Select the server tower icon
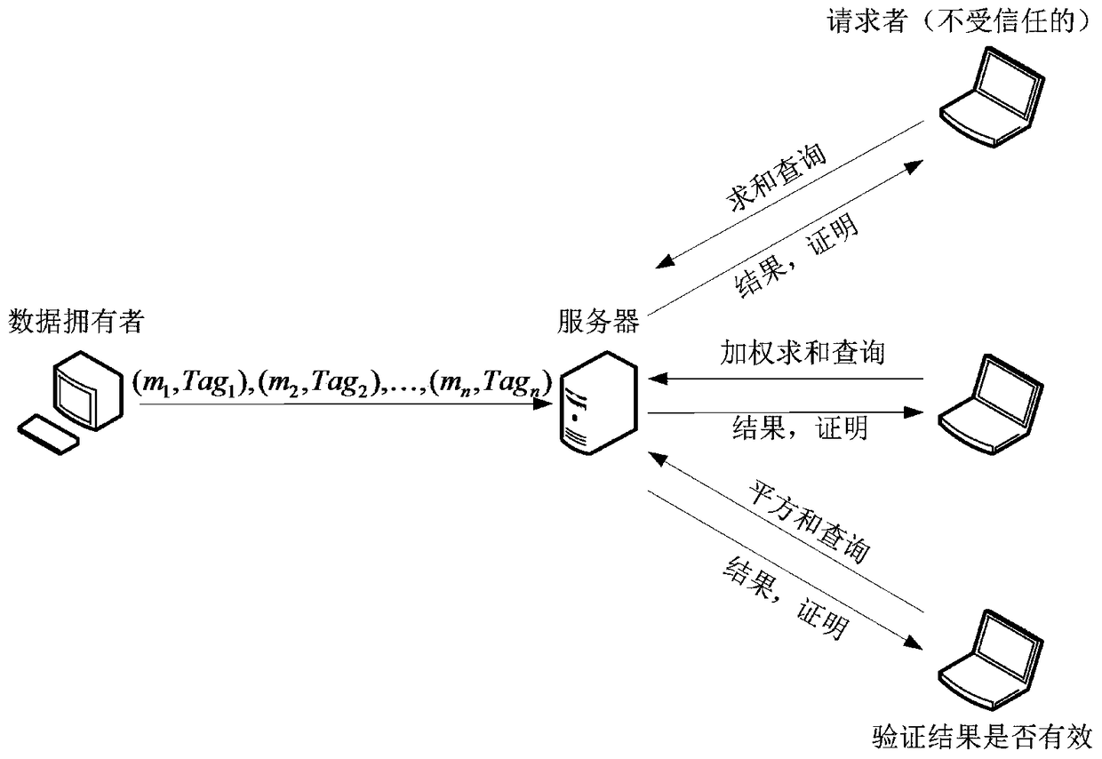(x=596, y=399)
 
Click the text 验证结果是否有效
(x=981, y=735)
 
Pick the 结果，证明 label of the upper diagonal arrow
(x=795, y=257)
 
